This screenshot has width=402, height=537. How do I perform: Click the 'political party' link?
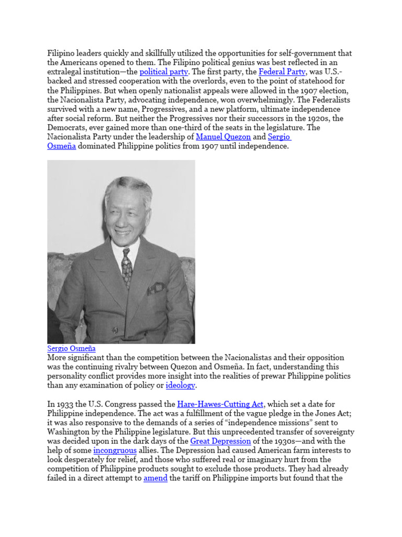click(x=162, y=72)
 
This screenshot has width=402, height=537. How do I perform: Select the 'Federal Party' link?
click(x=282, y=72)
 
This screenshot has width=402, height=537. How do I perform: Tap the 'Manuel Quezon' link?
click(x=223, y=137)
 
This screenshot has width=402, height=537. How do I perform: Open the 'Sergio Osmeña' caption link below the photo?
click(x=71, y=348)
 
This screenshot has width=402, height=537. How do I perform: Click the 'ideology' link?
click(x=181, y=386)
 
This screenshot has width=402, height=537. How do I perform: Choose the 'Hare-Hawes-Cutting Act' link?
click(x=221, y=404)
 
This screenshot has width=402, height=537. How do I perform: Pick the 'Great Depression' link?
click(x=220, y=441)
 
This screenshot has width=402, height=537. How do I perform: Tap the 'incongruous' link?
click(x=115, y=450)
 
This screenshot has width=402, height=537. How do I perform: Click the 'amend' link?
click(x=155, y=478)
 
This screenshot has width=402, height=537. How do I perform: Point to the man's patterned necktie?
click(x=127, y=268)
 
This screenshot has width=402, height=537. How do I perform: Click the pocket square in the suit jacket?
click(x=157, y=288)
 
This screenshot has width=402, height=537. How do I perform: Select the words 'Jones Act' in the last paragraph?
click(x=336, y=413)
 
